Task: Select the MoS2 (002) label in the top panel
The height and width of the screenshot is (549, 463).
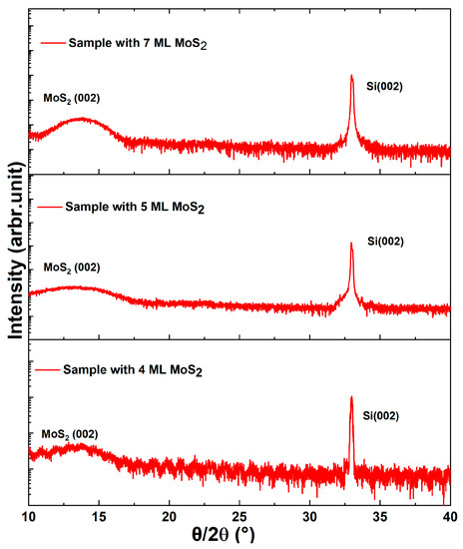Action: coord(72,98)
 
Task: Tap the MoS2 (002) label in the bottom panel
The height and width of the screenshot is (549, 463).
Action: coord(69,434)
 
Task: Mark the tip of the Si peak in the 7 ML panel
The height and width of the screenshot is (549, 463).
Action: coord(352,76)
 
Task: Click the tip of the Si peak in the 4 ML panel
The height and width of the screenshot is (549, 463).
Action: coord(351,397)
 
